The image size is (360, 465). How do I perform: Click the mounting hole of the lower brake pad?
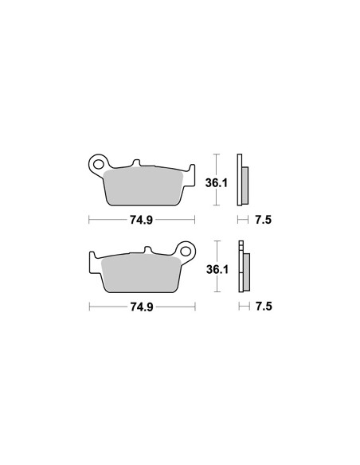coord(186,251)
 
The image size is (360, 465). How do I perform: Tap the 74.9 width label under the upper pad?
coord(141,220)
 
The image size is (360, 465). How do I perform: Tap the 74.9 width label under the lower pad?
coord(142,307)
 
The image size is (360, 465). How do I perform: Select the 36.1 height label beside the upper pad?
coord(217,183)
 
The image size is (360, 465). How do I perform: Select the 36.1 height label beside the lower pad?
coord(217,270)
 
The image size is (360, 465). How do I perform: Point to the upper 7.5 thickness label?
coord(264,220)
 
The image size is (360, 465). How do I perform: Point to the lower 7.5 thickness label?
coord(264,307)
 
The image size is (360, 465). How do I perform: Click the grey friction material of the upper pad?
coord(143,186)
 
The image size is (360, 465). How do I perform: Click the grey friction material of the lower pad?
coord(141,274)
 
